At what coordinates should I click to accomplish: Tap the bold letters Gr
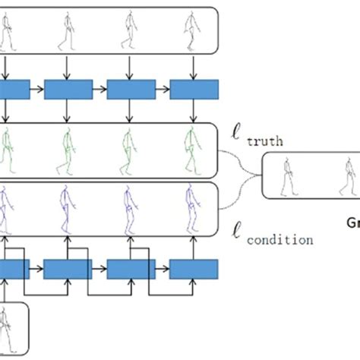tap(353, 223)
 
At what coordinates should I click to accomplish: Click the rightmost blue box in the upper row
tap(193, 90)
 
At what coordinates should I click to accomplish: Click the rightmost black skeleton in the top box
tap(190, 31)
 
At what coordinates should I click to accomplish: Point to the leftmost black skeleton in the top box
tap(8, 31)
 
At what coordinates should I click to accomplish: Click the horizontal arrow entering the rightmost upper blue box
tap(162, 90)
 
